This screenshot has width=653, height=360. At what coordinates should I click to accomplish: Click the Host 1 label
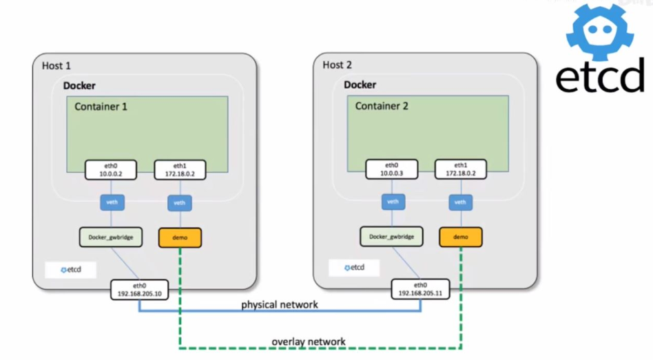(x=56, y=66)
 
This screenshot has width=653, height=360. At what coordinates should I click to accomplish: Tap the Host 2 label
(x=338, y=65)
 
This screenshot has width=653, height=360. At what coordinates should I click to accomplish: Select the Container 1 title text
(x=101, y=107)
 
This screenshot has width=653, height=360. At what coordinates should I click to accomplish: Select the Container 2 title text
(x=382, y=106)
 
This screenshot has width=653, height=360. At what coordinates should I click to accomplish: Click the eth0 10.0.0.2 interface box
(x=111, y=170)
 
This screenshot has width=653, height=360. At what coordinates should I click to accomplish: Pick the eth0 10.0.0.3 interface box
(x=392, y=170)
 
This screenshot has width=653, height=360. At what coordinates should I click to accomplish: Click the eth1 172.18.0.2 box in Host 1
(x=179, y=170)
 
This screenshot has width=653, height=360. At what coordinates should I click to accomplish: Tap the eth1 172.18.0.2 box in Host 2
(x=460, y=170)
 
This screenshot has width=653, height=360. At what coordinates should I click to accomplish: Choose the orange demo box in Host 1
(x=180, y=237)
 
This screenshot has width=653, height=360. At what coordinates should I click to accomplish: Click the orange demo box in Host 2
(x=460, y=237)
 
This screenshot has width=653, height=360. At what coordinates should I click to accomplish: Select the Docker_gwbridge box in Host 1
(x=111, y=237)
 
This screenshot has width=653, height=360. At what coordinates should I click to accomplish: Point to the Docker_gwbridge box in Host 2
(x=391, y=237)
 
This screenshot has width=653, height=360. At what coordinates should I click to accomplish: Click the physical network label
(x=279, y=304)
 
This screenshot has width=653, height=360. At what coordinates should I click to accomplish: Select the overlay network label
(x=309, y=341)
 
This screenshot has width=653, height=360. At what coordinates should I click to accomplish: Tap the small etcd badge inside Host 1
(x=71, y=269)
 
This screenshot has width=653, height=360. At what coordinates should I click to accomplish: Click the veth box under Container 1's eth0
(x=111, y=202)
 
